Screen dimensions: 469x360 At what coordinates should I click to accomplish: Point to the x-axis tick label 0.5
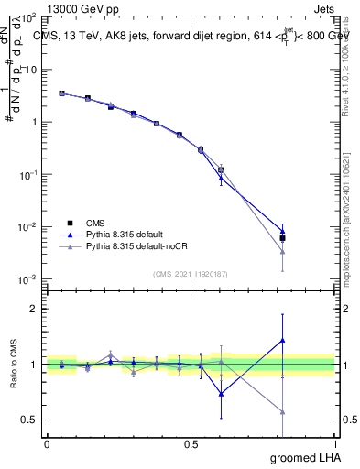click(x=191, y=443)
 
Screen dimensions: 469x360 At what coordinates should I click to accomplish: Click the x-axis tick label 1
click(x=334, y=443)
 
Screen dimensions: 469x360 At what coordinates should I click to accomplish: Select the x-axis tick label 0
click(x=47, y=443)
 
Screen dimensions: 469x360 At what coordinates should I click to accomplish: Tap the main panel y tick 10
click(x=30, y=70)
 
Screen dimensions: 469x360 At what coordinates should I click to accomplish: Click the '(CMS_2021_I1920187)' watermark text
click(x=191, y=272)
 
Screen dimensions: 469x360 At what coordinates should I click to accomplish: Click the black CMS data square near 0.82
click(x=283, y=238)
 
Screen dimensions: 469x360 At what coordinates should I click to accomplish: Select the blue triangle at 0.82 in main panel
click(x=283, y=231)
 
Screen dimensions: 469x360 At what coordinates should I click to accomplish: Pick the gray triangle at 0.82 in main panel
click(x=283, y=251)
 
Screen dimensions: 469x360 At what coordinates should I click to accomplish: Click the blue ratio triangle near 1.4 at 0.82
click(x=283, y=340)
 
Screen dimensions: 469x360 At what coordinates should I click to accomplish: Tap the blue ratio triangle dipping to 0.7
click(x=221, y=394)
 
